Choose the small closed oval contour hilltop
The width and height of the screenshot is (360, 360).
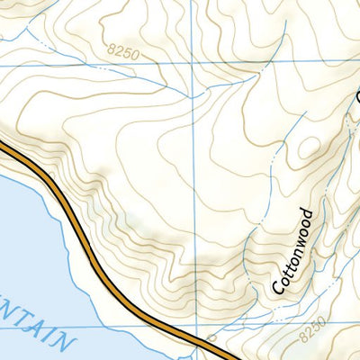[x=311, y=148]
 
